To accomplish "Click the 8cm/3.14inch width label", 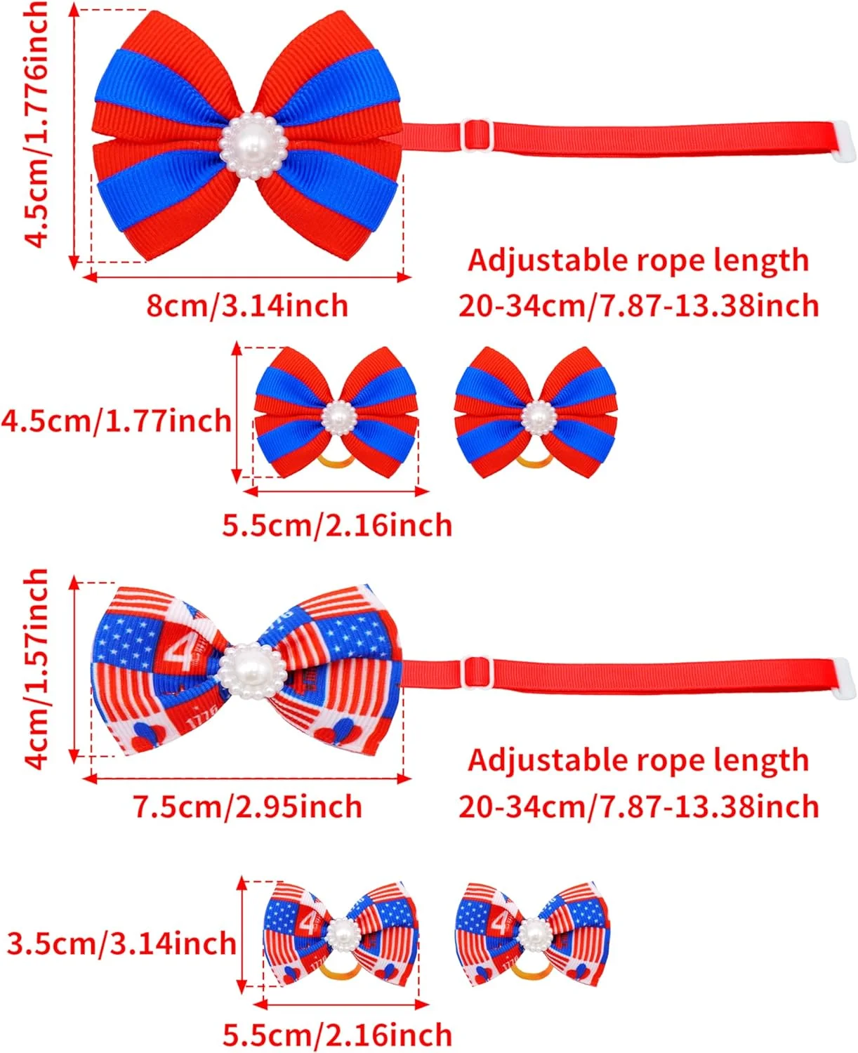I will coord(247,306).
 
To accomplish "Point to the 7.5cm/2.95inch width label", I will coord(247,807).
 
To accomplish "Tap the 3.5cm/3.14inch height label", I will coord(121,943).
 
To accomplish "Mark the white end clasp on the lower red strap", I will coord(845,678).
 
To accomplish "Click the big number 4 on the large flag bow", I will coord(180,652).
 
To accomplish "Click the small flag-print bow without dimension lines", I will coord(532,934).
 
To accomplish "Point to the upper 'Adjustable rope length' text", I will coord(638,260).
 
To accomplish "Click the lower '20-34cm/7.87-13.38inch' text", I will coord(638,807).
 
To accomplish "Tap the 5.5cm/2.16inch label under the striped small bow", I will coord(337,525).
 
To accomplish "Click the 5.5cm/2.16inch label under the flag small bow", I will coord(337,1035).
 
